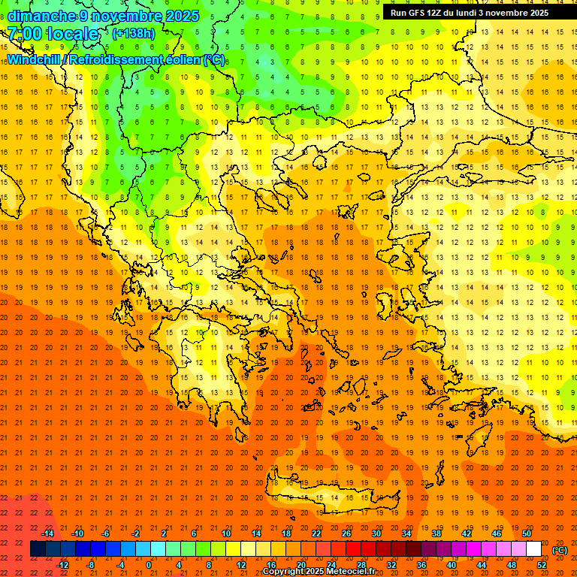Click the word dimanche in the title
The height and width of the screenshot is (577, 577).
(42, 16)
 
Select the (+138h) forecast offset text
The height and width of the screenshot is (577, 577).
(134, 34)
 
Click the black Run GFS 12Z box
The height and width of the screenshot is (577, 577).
(470, 13)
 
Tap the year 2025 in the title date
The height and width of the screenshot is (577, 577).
(181, 16)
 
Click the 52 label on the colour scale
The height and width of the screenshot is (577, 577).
(542, 565)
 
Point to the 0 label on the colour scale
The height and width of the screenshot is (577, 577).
(149, 565)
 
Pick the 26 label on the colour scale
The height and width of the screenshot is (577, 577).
(346, 533)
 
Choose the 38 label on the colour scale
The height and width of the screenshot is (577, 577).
(437, 533)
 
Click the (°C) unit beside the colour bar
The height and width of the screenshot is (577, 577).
(560, 550)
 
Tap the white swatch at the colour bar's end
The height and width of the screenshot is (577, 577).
(534, 549)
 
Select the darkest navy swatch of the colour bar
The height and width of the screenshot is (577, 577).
(38, 549)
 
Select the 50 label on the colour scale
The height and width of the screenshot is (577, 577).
(527, 533)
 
